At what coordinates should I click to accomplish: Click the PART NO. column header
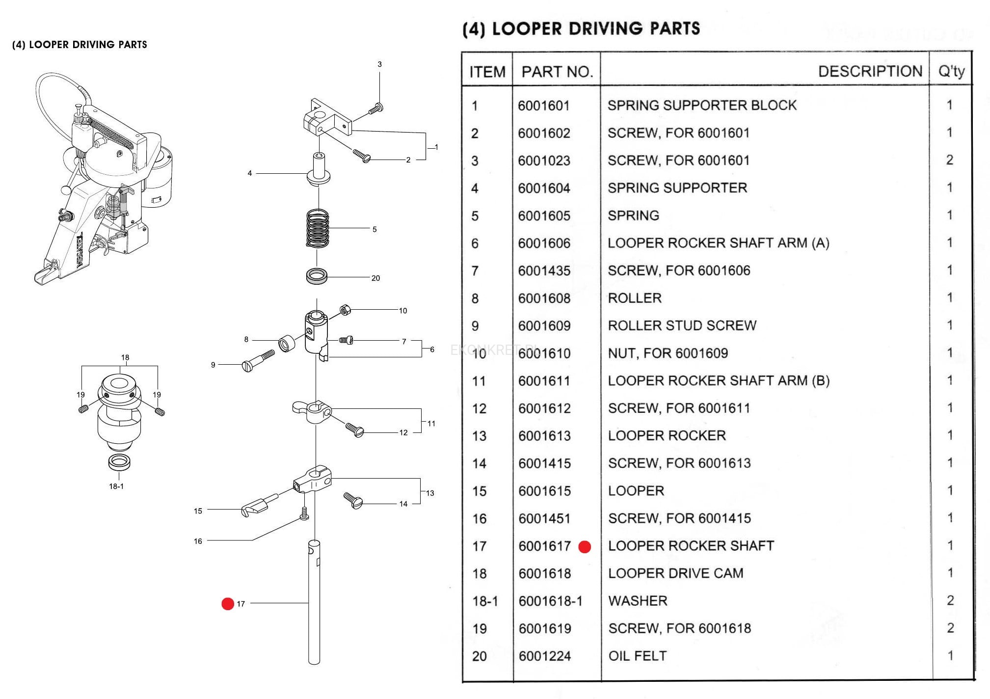tap(557, 72)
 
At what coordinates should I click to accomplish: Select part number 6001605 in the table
tap(544, 215)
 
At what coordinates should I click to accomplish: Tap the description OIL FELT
tap(637, 656)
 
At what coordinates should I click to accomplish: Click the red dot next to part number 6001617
tap(585, 547)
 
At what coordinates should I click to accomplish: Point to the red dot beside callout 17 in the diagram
tap(228, 604)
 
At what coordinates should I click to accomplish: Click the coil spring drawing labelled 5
tap(318, 228)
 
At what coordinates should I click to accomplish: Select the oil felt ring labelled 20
tap(317, 276)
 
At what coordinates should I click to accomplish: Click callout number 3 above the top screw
tap(379, 64)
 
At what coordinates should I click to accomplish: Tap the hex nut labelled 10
tap(345, 310)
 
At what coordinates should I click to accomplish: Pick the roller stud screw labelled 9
tap(258, 360)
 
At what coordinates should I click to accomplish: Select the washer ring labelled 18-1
tap(119, 462)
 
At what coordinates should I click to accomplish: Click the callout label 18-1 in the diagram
tap(116, 486)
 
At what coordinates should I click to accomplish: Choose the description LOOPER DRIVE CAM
tap(675, 573)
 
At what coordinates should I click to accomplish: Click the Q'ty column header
tap(951, 72)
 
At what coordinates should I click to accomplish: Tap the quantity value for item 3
tap(949, 160)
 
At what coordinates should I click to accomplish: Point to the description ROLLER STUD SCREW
tap(682, 325)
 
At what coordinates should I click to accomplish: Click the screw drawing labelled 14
tap(353, 501)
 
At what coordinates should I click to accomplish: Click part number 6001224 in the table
tap(544, 656)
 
